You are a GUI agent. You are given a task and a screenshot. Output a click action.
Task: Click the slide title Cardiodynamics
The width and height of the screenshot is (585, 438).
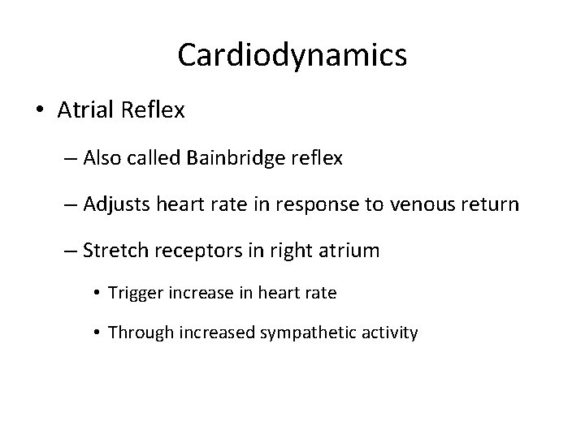coord(292,55)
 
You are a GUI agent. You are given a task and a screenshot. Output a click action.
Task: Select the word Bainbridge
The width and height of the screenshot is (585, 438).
coord(236,159)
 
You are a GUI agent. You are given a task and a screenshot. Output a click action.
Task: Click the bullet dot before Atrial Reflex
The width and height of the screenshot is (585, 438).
coord(38,111)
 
